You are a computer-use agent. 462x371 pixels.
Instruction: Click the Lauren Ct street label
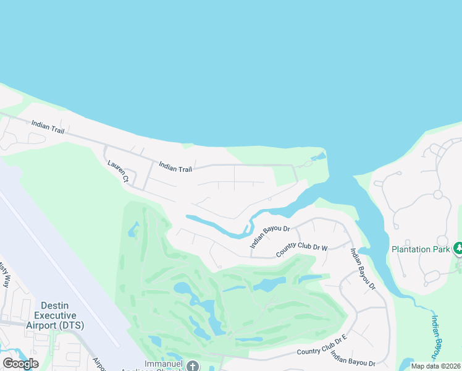click(x=117, y=172)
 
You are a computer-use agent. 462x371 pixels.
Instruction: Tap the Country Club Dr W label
click(x=301, y=251)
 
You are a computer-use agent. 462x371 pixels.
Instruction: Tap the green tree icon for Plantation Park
click(x=458, y=249)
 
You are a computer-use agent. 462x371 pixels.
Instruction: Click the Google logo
click(x=20, y=364)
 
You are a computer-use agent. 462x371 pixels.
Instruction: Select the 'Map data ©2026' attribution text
click(x=436, y=366)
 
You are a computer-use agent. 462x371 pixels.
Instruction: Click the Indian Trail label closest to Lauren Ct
click(x=175, y=167)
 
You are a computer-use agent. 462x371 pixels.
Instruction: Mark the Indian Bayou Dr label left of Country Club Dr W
click(x=270, y=237)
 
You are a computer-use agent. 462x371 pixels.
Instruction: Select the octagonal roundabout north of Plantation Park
click(x=437, y=195)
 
